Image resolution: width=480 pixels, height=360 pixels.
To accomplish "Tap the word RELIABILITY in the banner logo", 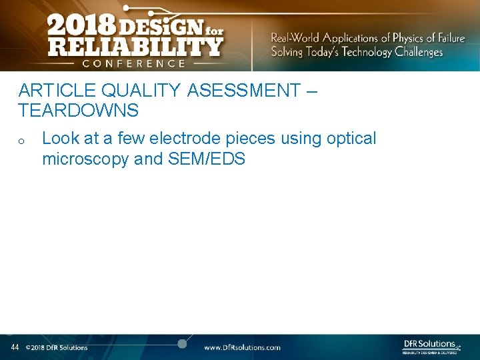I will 135,46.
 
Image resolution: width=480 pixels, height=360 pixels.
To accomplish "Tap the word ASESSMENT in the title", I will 244,90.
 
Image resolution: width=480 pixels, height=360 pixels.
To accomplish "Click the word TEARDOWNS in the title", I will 78,109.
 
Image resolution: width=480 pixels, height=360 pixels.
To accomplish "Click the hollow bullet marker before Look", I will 22,141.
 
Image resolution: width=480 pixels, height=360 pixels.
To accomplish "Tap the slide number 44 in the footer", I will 15,347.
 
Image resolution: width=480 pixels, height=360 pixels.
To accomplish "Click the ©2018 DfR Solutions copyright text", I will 57,347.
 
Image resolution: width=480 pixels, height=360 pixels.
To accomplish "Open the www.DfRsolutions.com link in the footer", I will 242,347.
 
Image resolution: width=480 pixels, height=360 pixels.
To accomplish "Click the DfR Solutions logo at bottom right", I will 431,346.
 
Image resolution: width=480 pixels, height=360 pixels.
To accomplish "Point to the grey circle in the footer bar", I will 182,343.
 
